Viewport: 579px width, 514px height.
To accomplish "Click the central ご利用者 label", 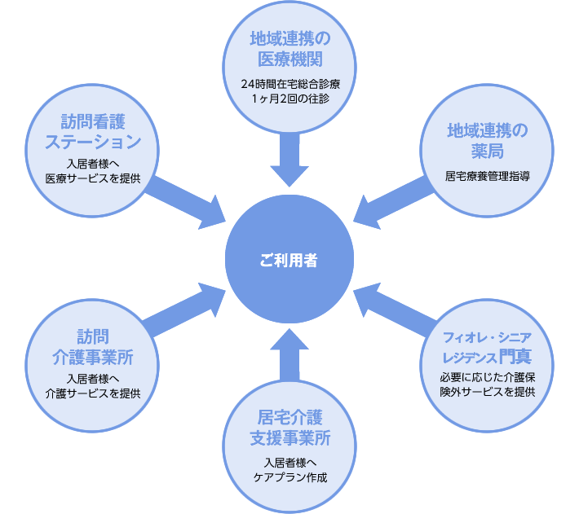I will [289, 261].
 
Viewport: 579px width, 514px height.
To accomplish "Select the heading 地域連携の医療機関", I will [289, 49].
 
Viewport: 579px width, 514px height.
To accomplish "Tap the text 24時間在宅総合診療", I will [289, 84].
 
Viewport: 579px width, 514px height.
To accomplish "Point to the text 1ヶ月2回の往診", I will [289, 99].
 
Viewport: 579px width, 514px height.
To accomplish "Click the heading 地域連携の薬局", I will [487, 141].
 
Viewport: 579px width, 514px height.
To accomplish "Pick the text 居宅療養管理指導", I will [487, 175].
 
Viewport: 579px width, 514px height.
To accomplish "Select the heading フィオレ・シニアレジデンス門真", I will [487, 347].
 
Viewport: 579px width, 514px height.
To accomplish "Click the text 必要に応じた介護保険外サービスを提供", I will [487, 384].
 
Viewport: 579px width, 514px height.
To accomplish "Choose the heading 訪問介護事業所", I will [93, 347].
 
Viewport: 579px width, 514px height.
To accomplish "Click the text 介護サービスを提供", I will [93, 392].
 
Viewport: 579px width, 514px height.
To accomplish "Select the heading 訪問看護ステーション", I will [93, 132].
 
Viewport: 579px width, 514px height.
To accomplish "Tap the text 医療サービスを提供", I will [93, 178].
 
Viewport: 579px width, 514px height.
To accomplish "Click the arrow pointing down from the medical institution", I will [289, 159].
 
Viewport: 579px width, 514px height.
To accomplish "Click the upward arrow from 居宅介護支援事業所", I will [289, 354].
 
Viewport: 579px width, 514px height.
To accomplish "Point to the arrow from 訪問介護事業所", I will [187, 308].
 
